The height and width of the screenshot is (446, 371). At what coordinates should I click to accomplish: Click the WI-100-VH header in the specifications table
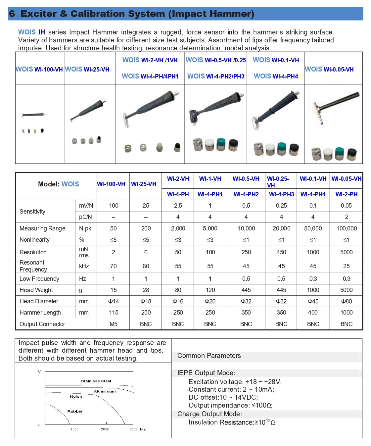click(111, 184)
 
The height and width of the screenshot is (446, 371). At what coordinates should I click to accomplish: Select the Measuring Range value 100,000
click(346, 228)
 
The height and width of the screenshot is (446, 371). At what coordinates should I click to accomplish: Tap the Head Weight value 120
click(210, 290)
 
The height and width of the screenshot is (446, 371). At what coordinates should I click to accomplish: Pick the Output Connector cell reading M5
click(113, 324)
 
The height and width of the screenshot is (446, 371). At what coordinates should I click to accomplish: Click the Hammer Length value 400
click(313, 313)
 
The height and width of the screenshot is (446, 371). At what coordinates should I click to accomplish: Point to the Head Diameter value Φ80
click(346, 301)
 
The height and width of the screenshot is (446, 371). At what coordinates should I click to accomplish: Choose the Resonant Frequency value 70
click(113, 266)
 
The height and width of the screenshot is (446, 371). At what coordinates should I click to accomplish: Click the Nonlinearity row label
click(34, 240)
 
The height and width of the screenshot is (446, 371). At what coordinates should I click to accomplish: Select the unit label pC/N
click(85, 217)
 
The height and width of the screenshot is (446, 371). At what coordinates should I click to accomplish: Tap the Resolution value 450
click(281, 252)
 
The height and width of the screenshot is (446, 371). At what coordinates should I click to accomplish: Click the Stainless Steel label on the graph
click(96, 381)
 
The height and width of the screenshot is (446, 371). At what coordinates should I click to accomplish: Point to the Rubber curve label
click(75, 411)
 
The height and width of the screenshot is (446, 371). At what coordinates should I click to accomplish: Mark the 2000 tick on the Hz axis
click(105, 429)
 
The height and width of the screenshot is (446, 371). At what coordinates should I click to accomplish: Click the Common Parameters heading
click(209, 356)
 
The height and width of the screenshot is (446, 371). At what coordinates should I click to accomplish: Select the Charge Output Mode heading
click(209, 414)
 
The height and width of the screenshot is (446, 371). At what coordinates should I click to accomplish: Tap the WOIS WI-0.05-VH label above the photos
click(329, 70)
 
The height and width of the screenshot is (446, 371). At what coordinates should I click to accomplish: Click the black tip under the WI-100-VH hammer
click(42, 130)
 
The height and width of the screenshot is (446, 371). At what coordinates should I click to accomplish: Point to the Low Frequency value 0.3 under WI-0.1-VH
click(313, 279)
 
